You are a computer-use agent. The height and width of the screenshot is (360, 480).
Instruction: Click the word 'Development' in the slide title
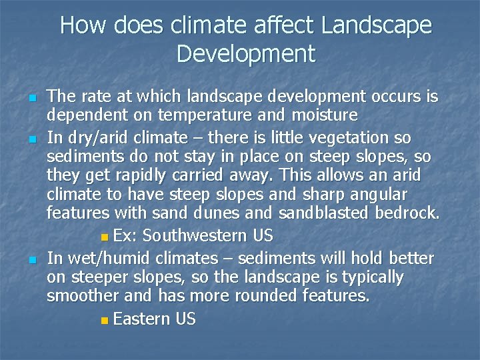click(x=245, y=54)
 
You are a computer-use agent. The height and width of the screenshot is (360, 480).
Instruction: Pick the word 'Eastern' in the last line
click(x=142, y=319)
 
